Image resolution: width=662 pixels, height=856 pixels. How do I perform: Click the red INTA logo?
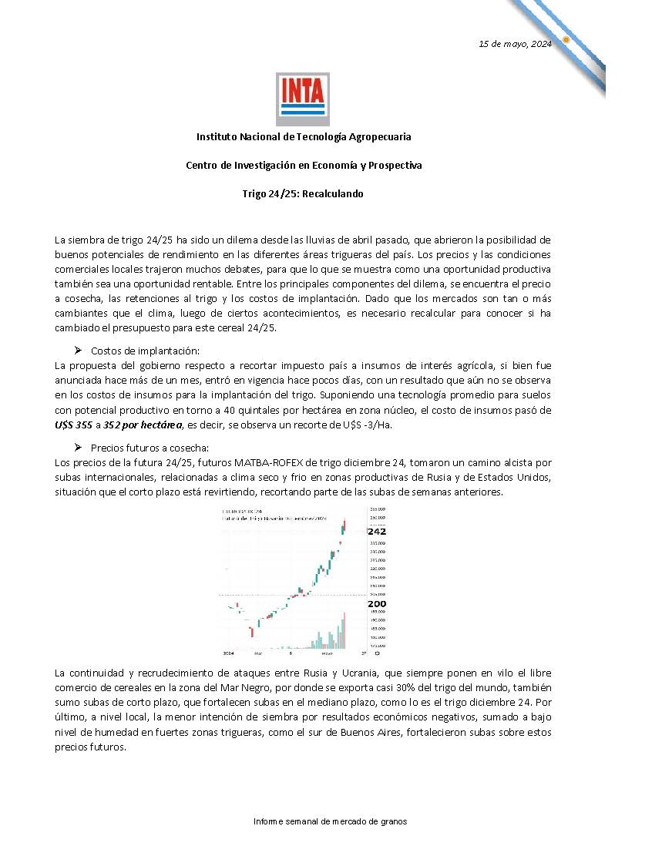(x=303, y=98)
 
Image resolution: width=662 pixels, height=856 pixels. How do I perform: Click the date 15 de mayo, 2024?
(x=515, y=44)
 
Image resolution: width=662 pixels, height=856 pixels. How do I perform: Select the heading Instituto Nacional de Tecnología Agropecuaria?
(x=304, y=136)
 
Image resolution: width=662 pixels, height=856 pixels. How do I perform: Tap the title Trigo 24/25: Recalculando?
(x=303, y=194)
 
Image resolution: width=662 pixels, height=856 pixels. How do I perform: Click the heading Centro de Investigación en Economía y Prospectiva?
(x=304, y=165)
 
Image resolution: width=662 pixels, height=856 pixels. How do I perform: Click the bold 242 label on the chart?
(x=377, y=532)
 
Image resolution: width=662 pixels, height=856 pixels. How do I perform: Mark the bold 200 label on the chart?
(x=377, y=603)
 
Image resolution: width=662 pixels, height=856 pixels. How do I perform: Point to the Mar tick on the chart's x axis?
(x=259, y=653)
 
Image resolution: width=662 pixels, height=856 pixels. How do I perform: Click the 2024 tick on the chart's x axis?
(x=228, y=653)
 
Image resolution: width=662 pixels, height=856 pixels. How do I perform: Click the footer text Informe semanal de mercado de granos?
(x=330, y=821)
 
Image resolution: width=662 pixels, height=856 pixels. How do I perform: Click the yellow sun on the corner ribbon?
(x=566, y=39)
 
